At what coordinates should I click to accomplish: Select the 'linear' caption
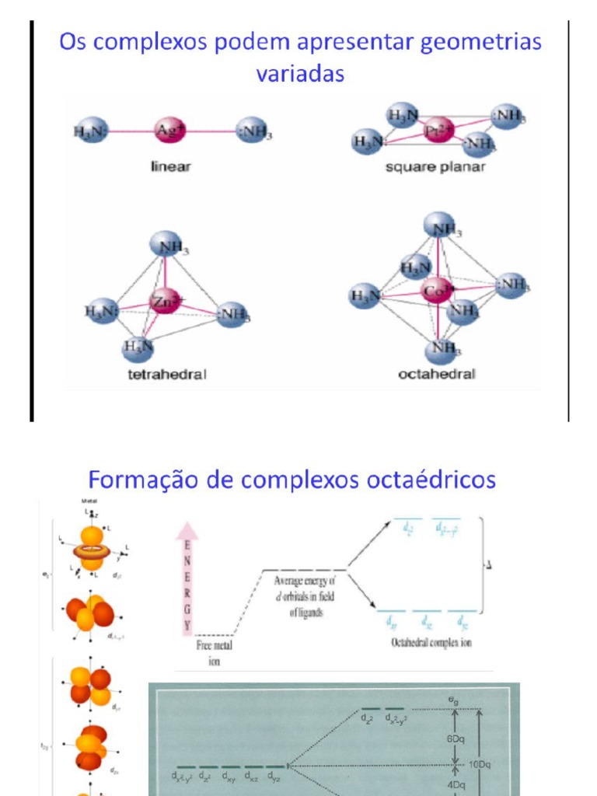[x=171, y=166]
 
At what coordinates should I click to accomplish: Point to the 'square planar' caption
[x=435, y=167]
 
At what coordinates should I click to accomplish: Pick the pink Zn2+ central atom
[x=165, y=302]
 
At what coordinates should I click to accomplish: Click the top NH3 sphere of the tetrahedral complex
[x=166, y=246]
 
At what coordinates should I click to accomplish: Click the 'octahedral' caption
[x=436, y=375]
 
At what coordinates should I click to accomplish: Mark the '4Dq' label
[x=456, y=785]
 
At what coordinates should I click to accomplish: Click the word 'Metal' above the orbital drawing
[x=89, y=503]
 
